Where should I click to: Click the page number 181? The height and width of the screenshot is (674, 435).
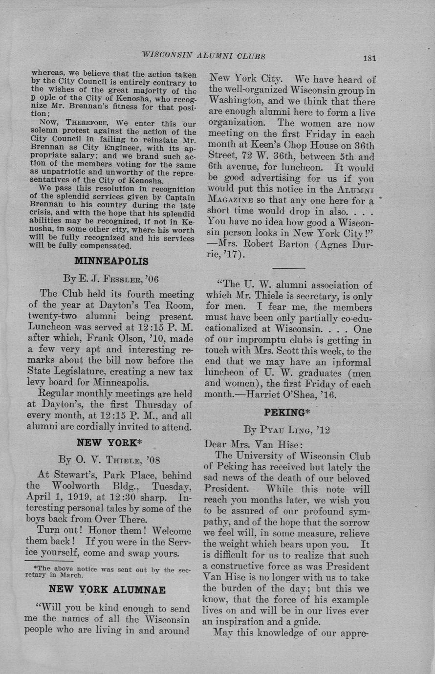point(369,58)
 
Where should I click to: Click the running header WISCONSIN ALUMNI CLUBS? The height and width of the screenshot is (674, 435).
point(203,56)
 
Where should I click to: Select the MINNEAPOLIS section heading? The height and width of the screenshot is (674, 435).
point(111,261)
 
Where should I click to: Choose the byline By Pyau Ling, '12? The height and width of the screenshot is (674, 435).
point(287,430)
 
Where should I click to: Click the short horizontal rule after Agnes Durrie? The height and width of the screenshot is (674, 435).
point(288,268)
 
